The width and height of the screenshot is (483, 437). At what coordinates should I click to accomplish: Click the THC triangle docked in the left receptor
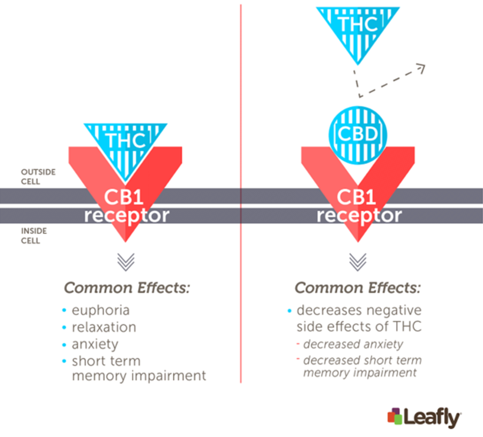(x=126, y=148)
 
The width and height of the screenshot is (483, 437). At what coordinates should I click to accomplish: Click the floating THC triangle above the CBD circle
(x=358, y=31)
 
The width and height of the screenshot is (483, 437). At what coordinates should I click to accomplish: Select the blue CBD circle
(x=357, y=135)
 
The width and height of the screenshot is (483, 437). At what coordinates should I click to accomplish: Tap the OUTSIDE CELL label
(x=38, y=177)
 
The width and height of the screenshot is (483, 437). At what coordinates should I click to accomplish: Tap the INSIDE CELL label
(x=34, y=236)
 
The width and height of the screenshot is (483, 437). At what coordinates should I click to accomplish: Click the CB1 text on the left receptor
(x=124, y=197)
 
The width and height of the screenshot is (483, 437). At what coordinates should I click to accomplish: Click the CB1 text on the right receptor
(x=356, y=197)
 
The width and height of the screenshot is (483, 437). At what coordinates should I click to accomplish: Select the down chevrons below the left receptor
(x=126, y=262)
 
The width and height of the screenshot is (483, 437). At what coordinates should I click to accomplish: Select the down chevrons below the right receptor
(x=358, y=262)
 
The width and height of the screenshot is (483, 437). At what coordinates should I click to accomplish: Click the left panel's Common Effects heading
(x=127, y=288)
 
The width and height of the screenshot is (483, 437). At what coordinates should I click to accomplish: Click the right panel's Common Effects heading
(x=357, y=288)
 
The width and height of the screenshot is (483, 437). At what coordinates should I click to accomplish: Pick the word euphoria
(x=101, y=311)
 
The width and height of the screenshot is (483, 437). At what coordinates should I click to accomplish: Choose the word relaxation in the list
(x=104, y=327)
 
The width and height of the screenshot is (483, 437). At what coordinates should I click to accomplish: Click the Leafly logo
(x=424, y=417)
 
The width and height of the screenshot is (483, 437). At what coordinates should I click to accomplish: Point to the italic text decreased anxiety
(x=353, y=344)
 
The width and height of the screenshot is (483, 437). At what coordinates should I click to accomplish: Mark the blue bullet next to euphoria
(x=64, y=310)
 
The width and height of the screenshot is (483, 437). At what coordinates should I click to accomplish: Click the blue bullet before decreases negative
(x=289, y=311)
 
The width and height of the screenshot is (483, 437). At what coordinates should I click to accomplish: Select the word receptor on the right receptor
(x=359, y=216)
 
